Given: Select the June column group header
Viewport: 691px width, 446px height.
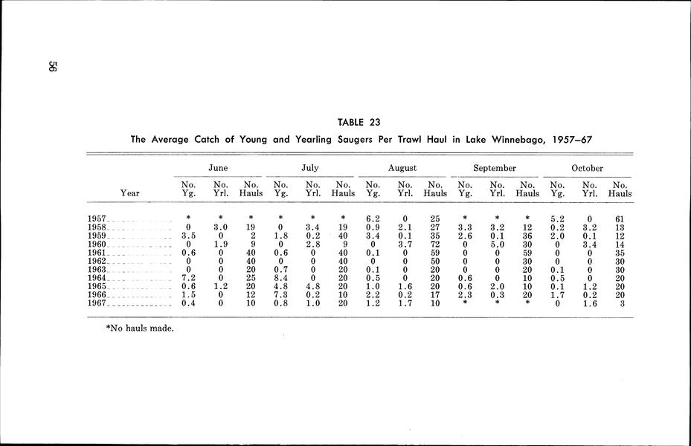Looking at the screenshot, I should tap(218, 169).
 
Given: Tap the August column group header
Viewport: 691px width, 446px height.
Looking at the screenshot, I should tap(402, 169).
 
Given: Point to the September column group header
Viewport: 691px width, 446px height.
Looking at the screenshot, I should tap(495, 169).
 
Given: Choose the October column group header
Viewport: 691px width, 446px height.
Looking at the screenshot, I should tap(588, 169).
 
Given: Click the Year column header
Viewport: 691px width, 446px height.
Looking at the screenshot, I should tap(129, 193).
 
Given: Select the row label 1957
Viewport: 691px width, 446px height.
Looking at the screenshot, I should tap(97, 219).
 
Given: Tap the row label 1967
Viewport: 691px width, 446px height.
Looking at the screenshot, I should tap(97, 304).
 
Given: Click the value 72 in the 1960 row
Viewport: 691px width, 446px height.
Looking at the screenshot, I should tap(435, 245).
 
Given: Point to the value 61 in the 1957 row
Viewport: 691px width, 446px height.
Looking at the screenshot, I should tap(619, 219).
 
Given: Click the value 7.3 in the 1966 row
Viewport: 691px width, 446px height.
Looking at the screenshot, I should tap(281, 295).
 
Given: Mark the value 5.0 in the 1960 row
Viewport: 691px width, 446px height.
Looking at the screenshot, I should tap(497, 245).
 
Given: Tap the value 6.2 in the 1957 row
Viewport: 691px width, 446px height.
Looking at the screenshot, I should tap(373, 219).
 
